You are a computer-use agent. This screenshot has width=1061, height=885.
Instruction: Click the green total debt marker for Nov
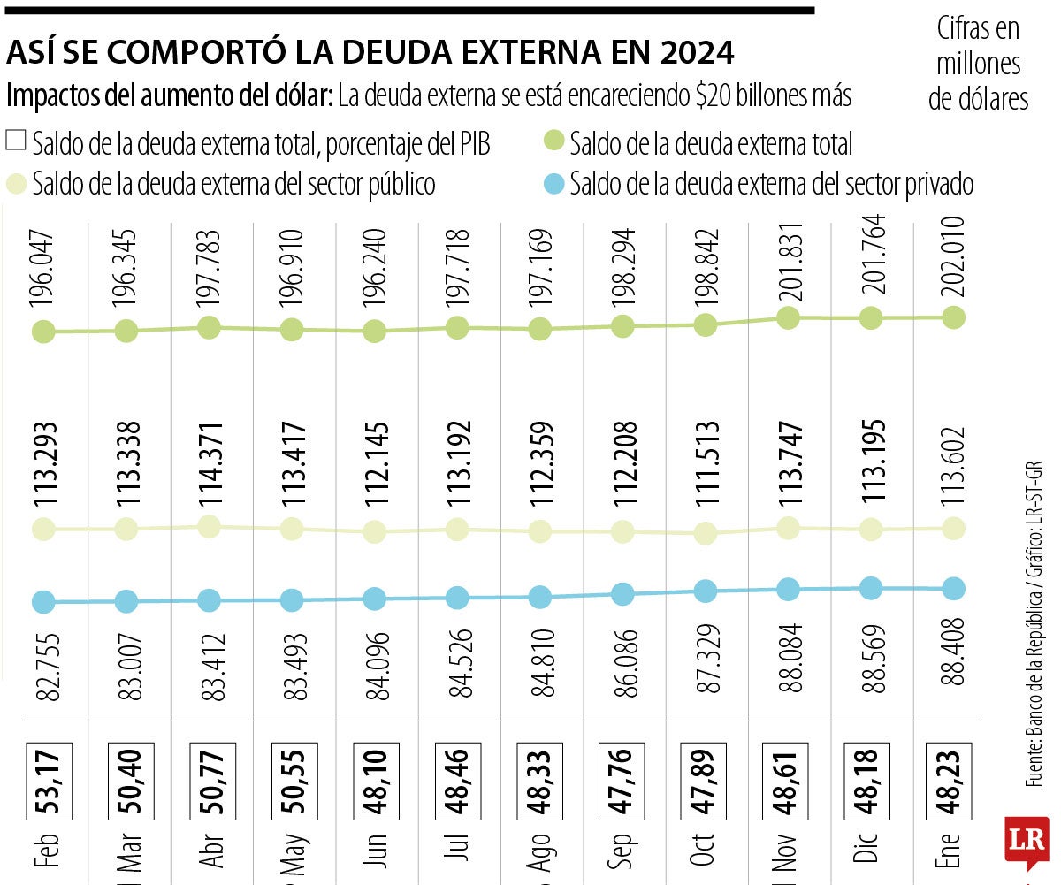pos(788,318)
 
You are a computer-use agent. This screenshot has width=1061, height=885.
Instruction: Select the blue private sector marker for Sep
pos(622,594)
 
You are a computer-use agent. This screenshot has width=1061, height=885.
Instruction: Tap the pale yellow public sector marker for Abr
pos(209,527)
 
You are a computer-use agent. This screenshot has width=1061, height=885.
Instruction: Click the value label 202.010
pos(952,257)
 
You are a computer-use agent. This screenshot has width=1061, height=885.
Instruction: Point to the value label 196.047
pos(43,271)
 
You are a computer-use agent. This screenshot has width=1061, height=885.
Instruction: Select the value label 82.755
pos(43,664)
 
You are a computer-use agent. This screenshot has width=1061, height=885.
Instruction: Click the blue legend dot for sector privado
pos(553,185)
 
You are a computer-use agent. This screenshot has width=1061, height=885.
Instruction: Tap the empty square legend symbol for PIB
pos(16,141)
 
